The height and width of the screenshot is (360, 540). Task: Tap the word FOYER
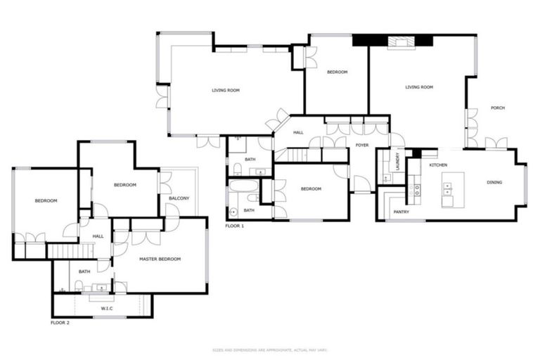click(362, 145)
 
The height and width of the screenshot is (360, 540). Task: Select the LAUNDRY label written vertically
click(398, 161)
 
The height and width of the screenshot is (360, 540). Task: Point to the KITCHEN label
click(438, 165)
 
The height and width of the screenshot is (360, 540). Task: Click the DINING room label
click(494, 183)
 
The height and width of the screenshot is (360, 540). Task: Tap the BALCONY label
click(179, 198)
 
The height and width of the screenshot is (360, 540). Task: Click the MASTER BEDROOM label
click(160, 259)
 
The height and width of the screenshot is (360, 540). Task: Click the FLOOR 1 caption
click(235, 226)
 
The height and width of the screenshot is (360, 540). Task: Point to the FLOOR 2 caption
click(60, 322)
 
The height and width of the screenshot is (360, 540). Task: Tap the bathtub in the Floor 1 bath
click(243, 188)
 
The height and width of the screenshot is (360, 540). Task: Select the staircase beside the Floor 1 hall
click(295, 155)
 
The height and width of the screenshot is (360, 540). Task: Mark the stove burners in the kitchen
click(417, 189)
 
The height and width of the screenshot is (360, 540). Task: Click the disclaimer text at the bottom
click(270, 349)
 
